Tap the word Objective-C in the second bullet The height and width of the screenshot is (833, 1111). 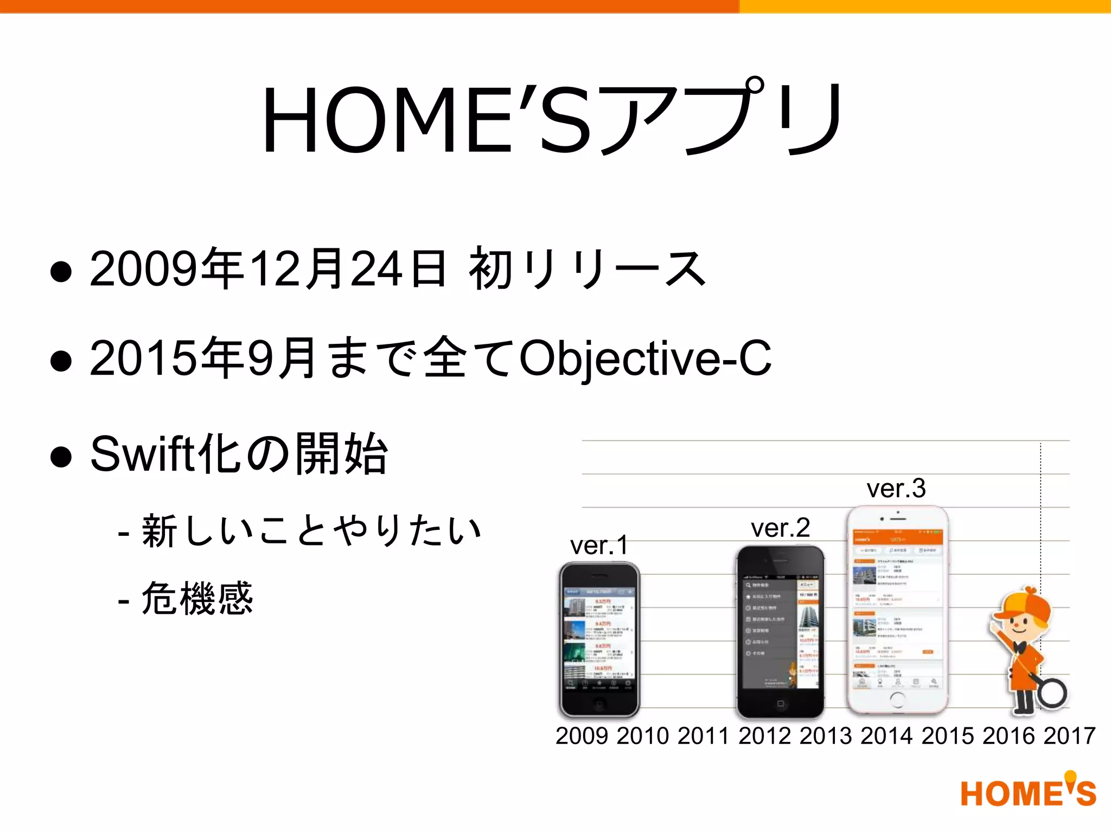(646, 358)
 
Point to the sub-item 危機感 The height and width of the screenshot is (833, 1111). (197, 598)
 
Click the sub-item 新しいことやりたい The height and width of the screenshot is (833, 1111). (311, 530)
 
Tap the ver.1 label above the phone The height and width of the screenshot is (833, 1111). (599, 545)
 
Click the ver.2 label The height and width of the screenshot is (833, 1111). (780, 528)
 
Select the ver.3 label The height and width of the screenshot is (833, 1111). (896, 488)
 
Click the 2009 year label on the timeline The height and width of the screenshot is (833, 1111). (582, 736)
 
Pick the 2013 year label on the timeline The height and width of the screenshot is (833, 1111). (826, 736)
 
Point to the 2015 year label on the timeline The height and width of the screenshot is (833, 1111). (948, 736)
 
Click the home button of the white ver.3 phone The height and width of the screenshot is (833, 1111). (897, 700)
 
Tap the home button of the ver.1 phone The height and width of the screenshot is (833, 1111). (599, 704)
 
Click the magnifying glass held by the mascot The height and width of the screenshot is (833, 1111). (1052, 693)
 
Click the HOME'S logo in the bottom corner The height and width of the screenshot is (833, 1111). (1028, 792)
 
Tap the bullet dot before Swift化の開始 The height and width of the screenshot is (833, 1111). (61, 456)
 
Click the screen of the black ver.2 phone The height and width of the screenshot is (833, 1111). (780, 632)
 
